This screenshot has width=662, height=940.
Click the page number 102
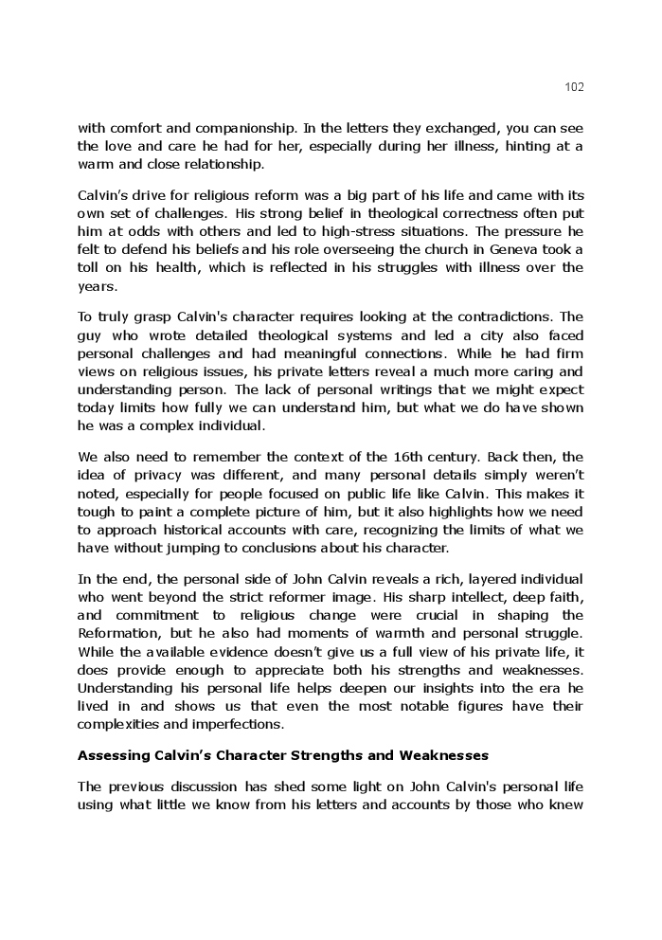pyautogui.click(x=574, y=87)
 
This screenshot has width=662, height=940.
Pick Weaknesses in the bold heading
pyautogui.click(x=439, y=755)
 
